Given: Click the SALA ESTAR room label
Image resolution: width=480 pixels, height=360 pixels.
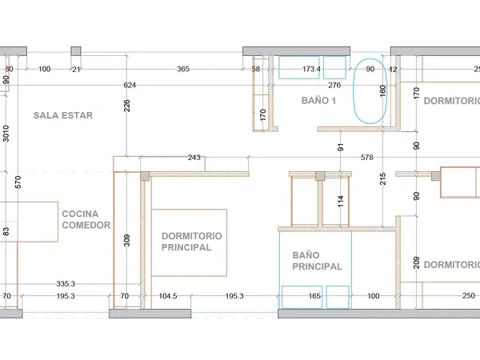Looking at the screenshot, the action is click(63, 115).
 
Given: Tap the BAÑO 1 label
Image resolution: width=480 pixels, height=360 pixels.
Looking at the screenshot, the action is click(318, 101).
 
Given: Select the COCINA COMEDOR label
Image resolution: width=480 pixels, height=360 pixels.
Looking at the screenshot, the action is click(86, 219).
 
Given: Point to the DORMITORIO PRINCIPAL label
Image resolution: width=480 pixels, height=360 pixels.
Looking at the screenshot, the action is click(192, 242).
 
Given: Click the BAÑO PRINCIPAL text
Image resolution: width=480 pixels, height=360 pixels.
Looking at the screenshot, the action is click(317, 261).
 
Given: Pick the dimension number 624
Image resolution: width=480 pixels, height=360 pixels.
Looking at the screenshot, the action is click(130, 85).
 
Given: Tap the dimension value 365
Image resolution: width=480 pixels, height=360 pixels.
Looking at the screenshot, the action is click(183, 69).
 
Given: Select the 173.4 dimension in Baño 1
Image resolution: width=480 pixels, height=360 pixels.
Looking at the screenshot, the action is click(311, 69).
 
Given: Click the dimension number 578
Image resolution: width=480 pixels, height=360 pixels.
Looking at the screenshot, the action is click(366, 158).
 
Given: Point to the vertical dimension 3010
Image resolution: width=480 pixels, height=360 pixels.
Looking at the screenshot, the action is click(6, 134).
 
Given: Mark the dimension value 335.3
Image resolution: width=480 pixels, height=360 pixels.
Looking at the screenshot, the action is click(66, 284).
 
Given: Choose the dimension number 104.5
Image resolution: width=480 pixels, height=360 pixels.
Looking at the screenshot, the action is click(168, 296).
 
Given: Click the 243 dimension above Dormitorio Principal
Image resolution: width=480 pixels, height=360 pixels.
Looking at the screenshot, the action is click(194, 158).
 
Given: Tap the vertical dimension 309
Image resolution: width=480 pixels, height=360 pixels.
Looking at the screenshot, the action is click(126, 240).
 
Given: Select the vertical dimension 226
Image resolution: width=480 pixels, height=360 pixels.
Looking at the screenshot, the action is click(126, 106).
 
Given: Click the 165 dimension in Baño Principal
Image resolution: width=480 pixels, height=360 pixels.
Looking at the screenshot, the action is click(314, 296).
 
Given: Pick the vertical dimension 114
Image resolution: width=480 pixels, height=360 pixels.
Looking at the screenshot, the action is click(341, 202).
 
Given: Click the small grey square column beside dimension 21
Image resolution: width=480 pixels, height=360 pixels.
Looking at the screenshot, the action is click(76, 51).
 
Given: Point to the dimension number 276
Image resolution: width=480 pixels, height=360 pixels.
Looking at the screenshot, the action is click(334, 85).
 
